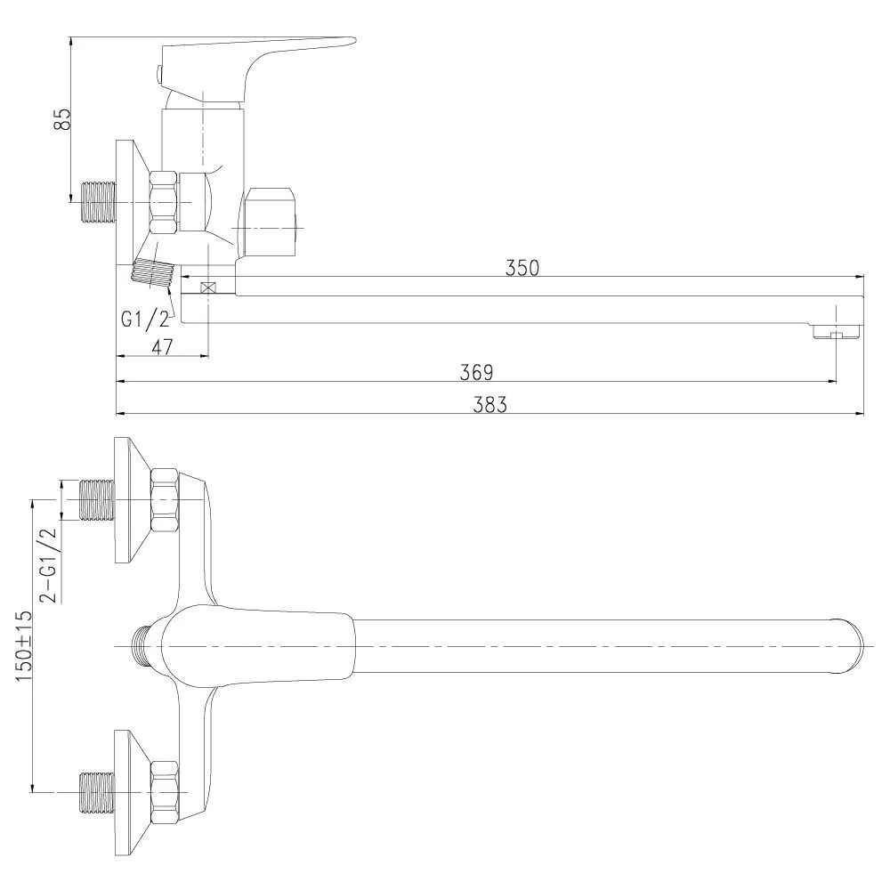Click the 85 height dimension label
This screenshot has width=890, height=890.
click(62, 118)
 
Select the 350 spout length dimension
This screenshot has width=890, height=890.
click(522, 268)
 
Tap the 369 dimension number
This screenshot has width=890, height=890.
click(476, 372)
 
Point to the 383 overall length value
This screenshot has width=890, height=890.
click(489, 405)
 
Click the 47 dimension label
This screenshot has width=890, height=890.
click(162, 347)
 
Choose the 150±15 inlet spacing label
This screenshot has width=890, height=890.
click(24, 646)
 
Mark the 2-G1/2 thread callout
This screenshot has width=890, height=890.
click(48, 564)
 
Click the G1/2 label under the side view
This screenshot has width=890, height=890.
click(145, 320)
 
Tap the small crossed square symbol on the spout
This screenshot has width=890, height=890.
click(209, 287)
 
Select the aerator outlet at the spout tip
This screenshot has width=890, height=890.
click(837, 331)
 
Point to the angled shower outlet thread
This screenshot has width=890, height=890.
click(153, 272)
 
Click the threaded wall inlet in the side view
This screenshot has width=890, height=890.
click(99, 202)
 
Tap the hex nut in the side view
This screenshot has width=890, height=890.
click(164, 202)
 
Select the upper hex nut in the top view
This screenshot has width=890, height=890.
click(166, 500)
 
